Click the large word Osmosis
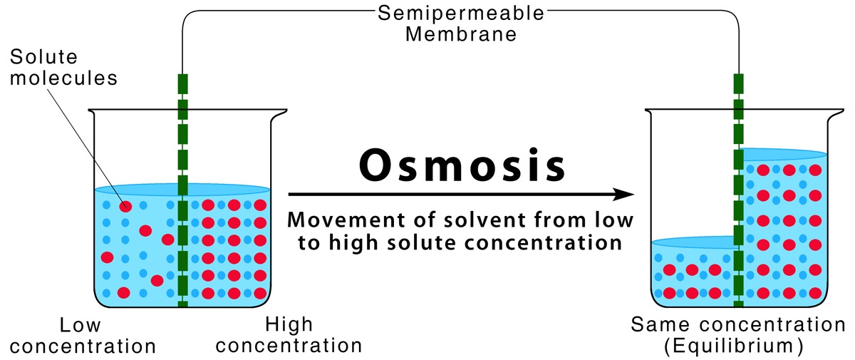click(462, 167)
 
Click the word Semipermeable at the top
click(462, 13)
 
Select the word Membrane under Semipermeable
click(461, 34)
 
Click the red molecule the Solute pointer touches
click(125, 207)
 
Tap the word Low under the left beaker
click(80, 326)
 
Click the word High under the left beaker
click(289, 326)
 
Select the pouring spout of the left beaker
click(91, 112)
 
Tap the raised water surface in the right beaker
click(784, 154)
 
